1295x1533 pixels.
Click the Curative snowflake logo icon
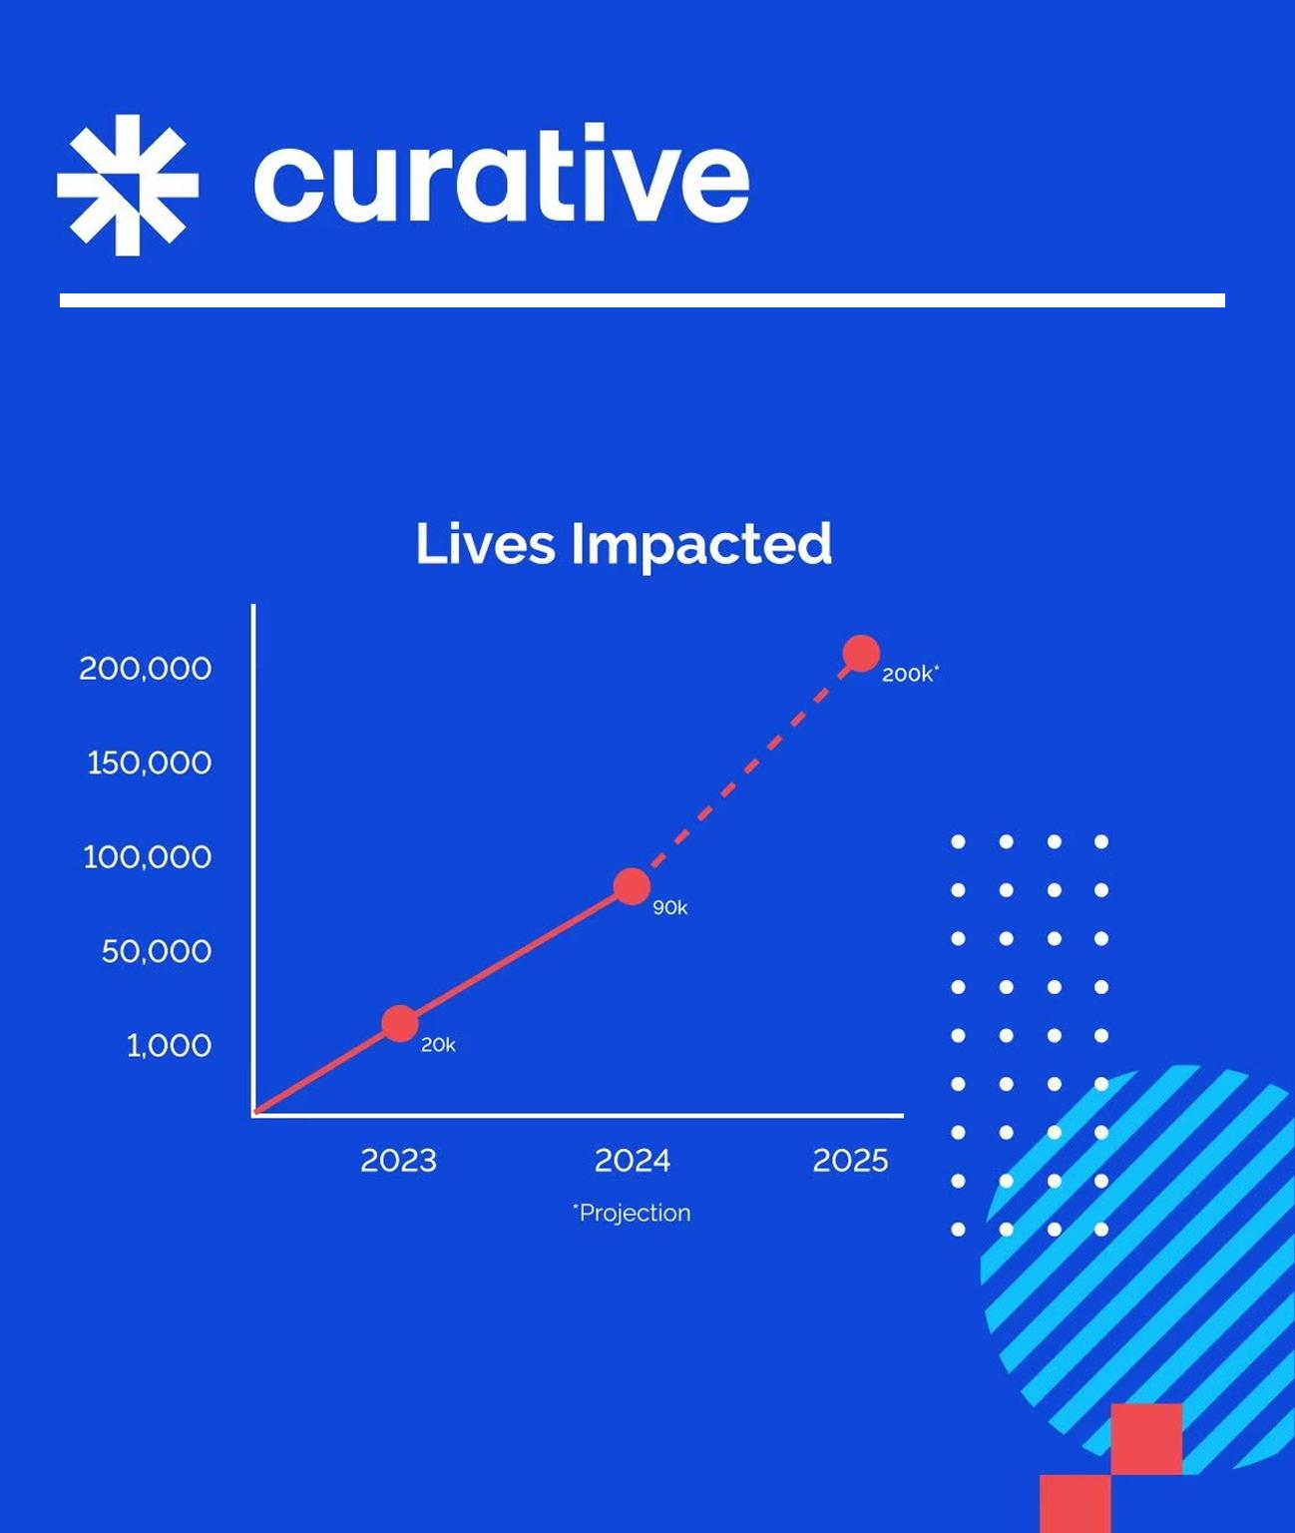(128, 185)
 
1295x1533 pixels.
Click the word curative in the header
(502, 174)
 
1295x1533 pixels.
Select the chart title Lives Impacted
(624, 545)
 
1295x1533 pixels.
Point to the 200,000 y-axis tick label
(146, 669)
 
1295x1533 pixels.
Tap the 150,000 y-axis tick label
(150, 764)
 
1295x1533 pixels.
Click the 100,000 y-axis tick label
(148, 857)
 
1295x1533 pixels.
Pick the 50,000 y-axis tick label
(157, 951)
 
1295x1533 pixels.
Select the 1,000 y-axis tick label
(169, 1046)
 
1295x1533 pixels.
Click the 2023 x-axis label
(399, 1161)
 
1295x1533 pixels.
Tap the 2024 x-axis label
(633, 1161)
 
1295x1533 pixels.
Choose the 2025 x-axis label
(850, 1161)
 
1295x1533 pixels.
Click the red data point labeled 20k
(400, 1023)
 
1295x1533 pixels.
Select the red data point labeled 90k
(632, 886)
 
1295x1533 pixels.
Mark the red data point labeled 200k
(862, 654)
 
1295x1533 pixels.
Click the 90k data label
(670, 908)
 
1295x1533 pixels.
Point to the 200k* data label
(910, 674)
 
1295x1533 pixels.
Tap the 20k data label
(438, 1045)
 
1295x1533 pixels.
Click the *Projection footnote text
(632, 1213)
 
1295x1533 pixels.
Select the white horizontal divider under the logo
(643, 300)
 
